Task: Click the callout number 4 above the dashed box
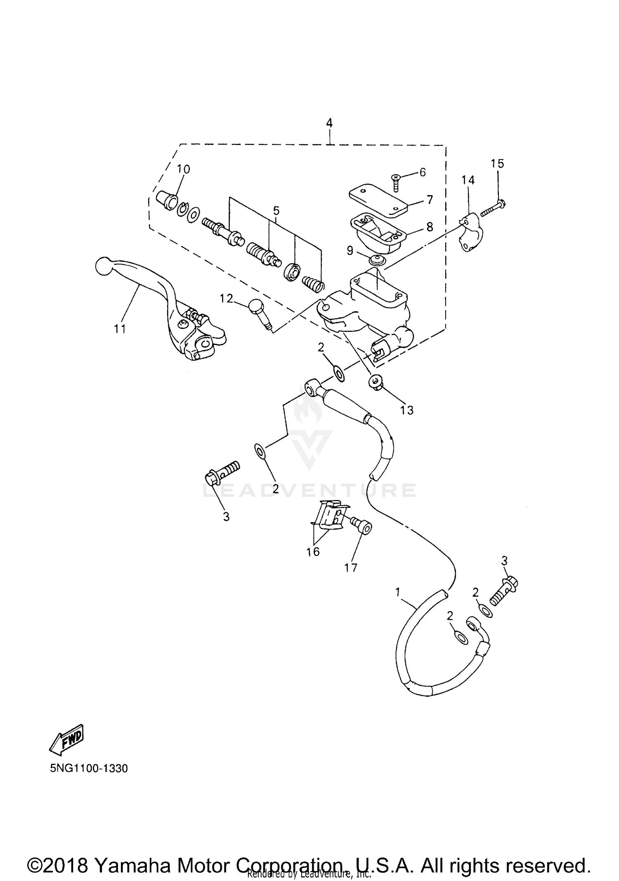coord(329,123)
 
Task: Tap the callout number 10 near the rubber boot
coord(184,169)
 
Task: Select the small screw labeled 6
coord(396,182)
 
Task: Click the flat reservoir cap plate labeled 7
coord(378,202)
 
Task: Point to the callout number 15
coord(497,164)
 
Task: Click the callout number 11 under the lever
coord(120,329)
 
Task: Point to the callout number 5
coord(276,211)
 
